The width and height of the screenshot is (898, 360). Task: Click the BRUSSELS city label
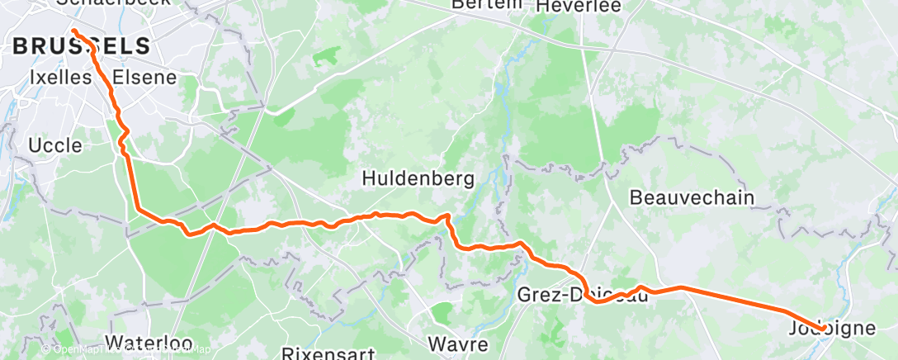[82, 46]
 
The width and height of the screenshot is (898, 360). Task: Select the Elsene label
[144, 78]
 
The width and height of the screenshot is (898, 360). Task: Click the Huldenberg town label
[418, 178]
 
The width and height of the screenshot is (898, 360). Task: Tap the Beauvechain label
[692, 198]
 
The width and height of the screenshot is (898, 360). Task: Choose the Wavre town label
[458, 343]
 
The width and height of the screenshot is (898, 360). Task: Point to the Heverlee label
[578, 6]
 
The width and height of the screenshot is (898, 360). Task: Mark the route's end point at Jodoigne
[822, 329]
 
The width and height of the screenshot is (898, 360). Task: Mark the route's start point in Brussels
[74, 32]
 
